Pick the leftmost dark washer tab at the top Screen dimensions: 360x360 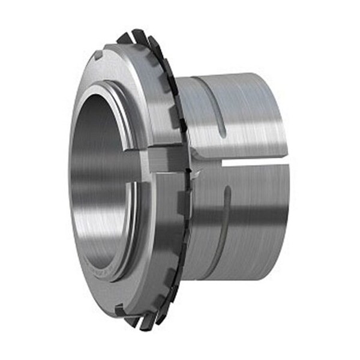pos(124,37)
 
